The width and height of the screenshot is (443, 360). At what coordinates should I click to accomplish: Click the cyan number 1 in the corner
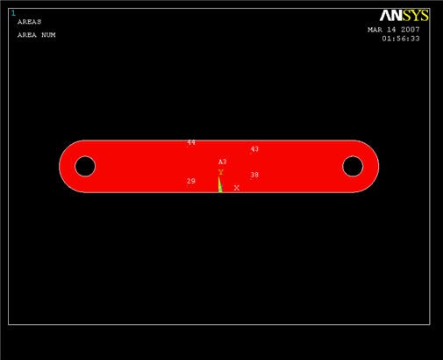[13, 13]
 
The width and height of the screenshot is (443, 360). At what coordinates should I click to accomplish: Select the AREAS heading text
[29, 22]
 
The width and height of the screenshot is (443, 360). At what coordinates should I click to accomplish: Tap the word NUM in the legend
[48, 35]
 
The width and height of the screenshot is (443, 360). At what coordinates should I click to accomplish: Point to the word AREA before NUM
[27, 35]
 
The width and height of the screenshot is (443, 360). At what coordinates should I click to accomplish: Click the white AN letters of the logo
[391, 16]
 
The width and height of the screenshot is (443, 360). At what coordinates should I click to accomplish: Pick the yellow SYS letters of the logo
[416, 16]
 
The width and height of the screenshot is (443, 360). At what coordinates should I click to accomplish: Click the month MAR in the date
[375, 30]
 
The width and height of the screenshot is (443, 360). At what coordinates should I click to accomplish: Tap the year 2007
[411, 30]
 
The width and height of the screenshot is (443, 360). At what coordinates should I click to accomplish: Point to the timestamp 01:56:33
[401, 39]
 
